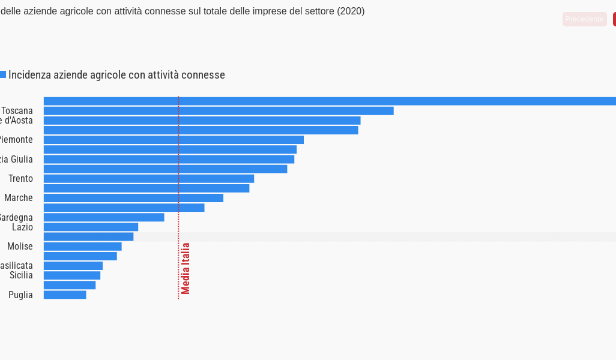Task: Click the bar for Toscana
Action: (x=219, y=111)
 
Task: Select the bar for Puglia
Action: (x=65, y=295)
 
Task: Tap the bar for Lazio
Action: (x=91, y=227)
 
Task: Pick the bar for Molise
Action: (x=82, y=247)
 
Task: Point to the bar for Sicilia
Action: (x=72, y=275)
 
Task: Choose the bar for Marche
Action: (x=133, y=198)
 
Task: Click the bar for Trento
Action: (x=149, y=179)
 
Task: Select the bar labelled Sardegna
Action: (x=104, y=217)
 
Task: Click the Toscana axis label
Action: (x=17, y=111)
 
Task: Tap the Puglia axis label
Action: (x=20, y=295)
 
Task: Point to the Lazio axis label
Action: (x=22, y=227)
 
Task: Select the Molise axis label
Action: (x=20, y=247)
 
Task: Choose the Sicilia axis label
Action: (x=21, y=275)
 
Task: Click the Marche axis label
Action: (x=19, y=198)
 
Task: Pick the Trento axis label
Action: (x=20, y=179)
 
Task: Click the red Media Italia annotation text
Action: (x=186, y=268)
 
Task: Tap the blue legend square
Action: (x=2, y=75)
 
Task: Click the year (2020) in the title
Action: (x=351, y=11)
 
